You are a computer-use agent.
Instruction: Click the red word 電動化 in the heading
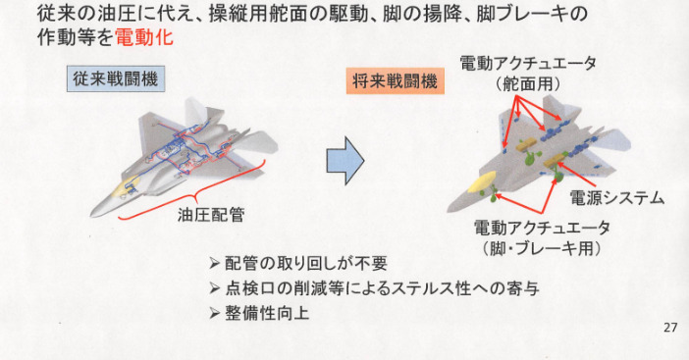[x=144, y=37]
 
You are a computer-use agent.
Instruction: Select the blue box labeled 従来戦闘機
[x=116, y=79]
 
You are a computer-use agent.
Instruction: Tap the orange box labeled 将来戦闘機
[x=395, y=80]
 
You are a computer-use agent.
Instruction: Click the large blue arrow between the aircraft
[x=344, y=160]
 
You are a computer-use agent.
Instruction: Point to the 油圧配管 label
[x=211, y=215]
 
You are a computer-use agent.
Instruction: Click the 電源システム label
[x=616, y=198]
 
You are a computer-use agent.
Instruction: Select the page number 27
[x=670, y=328]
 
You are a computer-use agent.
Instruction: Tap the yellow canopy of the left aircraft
[x=126, y=185]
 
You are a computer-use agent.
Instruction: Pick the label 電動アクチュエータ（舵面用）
[x=528, y=74]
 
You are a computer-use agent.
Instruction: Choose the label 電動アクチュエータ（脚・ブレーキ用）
[x=542, y=238]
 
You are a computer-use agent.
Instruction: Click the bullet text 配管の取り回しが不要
[x=306, y=264]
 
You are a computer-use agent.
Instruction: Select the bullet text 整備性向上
[x=267, y=314]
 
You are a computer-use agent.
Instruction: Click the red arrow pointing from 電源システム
[x=576, y=175]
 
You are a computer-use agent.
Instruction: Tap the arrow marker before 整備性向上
[x=214, y=314]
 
